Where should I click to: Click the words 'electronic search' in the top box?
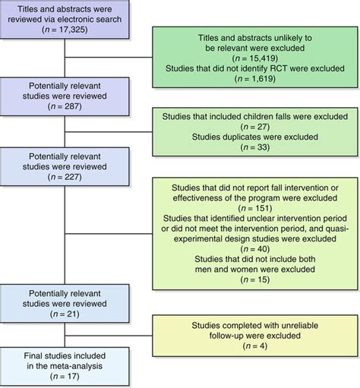[x=78, y=24]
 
